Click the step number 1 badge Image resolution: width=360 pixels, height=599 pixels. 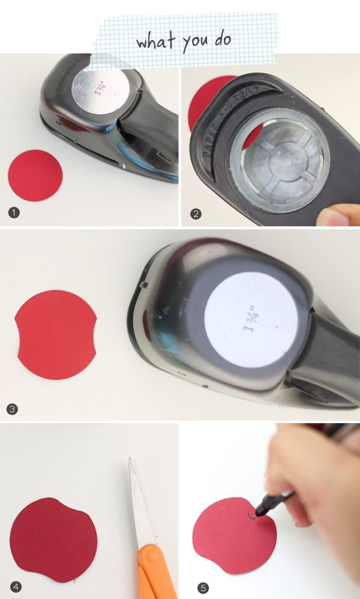click(x=13, y=213)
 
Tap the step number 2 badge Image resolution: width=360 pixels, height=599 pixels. click(x=196, y=213)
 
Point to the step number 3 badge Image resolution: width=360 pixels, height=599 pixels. click(x=13, y=409)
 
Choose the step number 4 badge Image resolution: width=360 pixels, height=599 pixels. click(x=15, y=587)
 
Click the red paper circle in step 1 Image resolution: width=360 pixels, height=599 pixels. click(x=35, y=175)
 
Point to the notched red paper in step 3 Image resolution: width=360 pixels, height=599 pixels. click(x=56, y=334)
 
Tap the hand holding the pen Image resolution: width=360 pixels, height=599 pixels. click(x=306, y=480)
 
